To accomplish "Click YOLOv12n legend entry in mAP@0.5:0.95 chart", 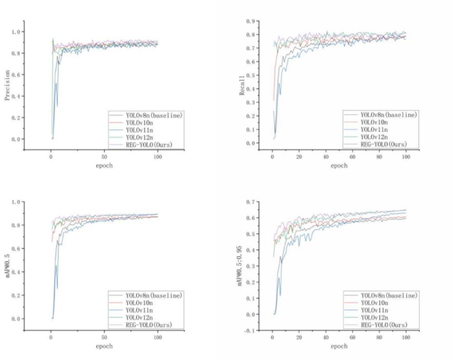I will click(377, 316).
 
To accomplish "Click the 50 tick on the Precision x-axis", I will click(104, 157).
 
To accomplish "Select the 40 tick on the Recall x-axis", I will click(326, 157).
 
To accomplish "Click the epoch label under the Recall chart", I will click(339, 166).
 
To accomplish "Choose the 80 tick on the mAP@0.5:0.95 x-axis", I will click(380, 337).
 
